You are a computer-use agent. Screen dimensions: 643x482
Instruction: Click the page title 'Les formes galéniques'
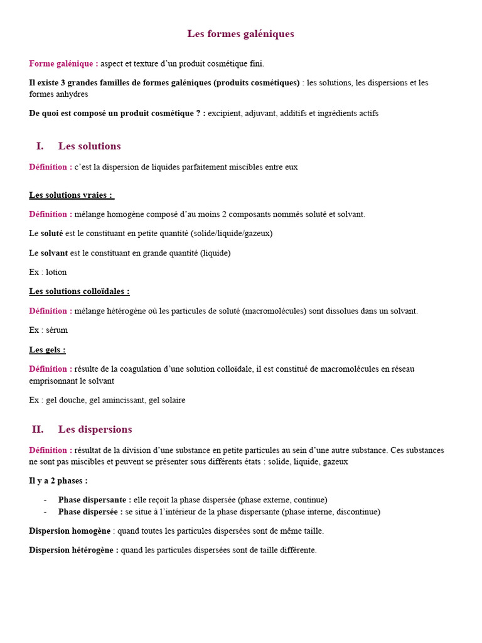(x=240, y=34)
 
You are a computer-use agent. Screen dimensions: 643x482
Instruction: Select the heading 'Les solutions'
(x=89, y=146)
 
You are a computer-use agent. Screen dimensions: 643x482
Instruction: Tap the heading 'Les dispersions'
(x=95, y=430)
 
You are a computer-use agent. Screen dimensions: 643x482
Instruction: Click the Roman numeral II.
(x=38, y=430)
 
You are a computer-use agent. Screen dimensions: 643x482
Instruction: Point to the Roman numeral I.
(x=40, y=146)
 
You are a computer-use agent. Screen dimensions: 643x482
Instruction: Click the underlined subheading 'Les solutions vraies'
(x=71, y=195)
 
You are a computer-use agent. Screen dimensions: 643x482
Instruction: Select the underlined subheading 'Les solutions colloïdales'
(x=79, y=291)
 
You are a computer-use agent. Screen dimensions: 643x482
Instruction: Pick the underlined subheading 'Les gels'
(x=47, y=350)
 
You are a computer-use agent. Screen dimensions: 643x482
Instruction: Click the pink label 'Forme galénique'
(x=63, y=63)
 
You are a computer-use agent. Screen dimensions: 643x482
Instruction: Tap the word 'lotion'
(x=56, y=272)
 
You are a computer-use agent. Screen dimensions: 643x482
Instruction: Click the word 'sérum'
(x=56, y=330)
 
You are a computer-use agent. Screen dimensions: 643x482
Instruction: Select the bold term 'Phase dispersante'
(x=94, y=500)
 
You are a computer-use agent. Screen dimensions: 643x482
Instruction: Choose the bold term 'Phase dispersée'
(x=90, y=512)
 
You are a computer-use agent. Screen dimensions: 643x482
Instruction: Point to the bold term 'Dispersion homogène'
(x=70, y=531)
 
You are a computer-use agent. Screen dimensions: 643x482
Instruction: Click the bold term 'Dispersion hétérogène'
(x=73, y=550)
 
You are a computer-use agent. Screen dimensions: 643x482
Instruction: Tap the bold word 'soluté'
(x=51, y=233)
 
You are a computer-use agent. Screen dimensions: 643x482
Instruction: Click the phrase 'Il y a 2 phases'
(x=58, y=481)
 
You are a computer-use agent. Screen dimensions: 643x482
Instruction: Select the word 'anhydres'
(x=72, y=94)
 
